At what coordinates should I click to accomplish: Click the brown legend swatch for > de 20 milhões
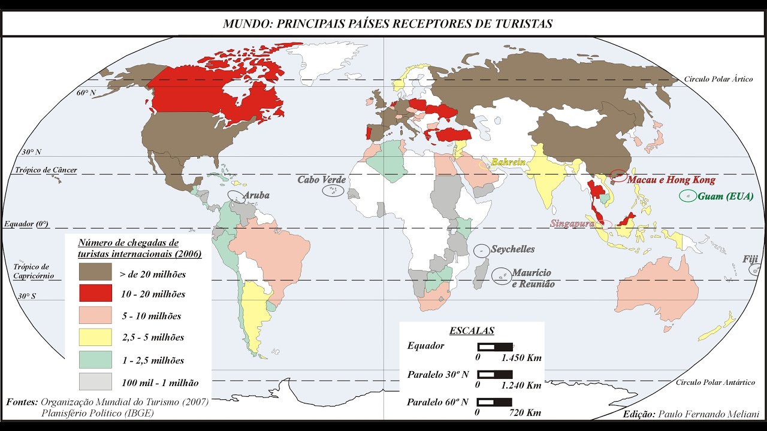coord(95,272)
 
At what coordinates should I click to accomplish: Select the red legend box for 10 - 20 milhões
coord(95,293)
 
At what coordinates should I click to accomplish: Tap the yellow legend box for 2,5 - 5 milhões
coord(95,337)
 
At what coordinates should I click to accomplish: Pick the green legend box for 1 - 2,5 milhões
coord(95,360)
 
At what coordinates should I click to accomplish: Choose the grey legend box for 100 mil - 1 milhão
coord(95,382)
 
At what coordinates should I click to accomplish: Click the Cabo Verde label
coord(322,180)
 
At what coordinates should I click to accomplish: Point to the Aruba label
coord(256,195)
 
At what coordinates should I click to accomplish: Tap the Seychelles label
coord(513,249)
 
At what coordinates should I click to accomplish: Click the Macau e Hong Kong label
coord(672,180)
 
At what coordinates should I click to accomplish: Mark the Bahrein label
coord(508,162)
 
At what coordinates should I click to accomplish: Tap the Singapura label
coord(572,223)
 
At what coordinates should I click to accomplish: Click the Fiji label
coord(750,259)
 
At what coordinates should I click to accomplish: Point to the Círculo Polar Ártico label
coord(718,79)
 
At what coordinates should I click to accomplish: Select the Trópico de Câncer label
coord(46,170)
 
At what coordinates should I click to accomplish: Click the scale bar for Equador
coord(495,347)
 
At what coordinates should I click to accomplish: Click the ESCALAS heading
coord(472,330)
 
